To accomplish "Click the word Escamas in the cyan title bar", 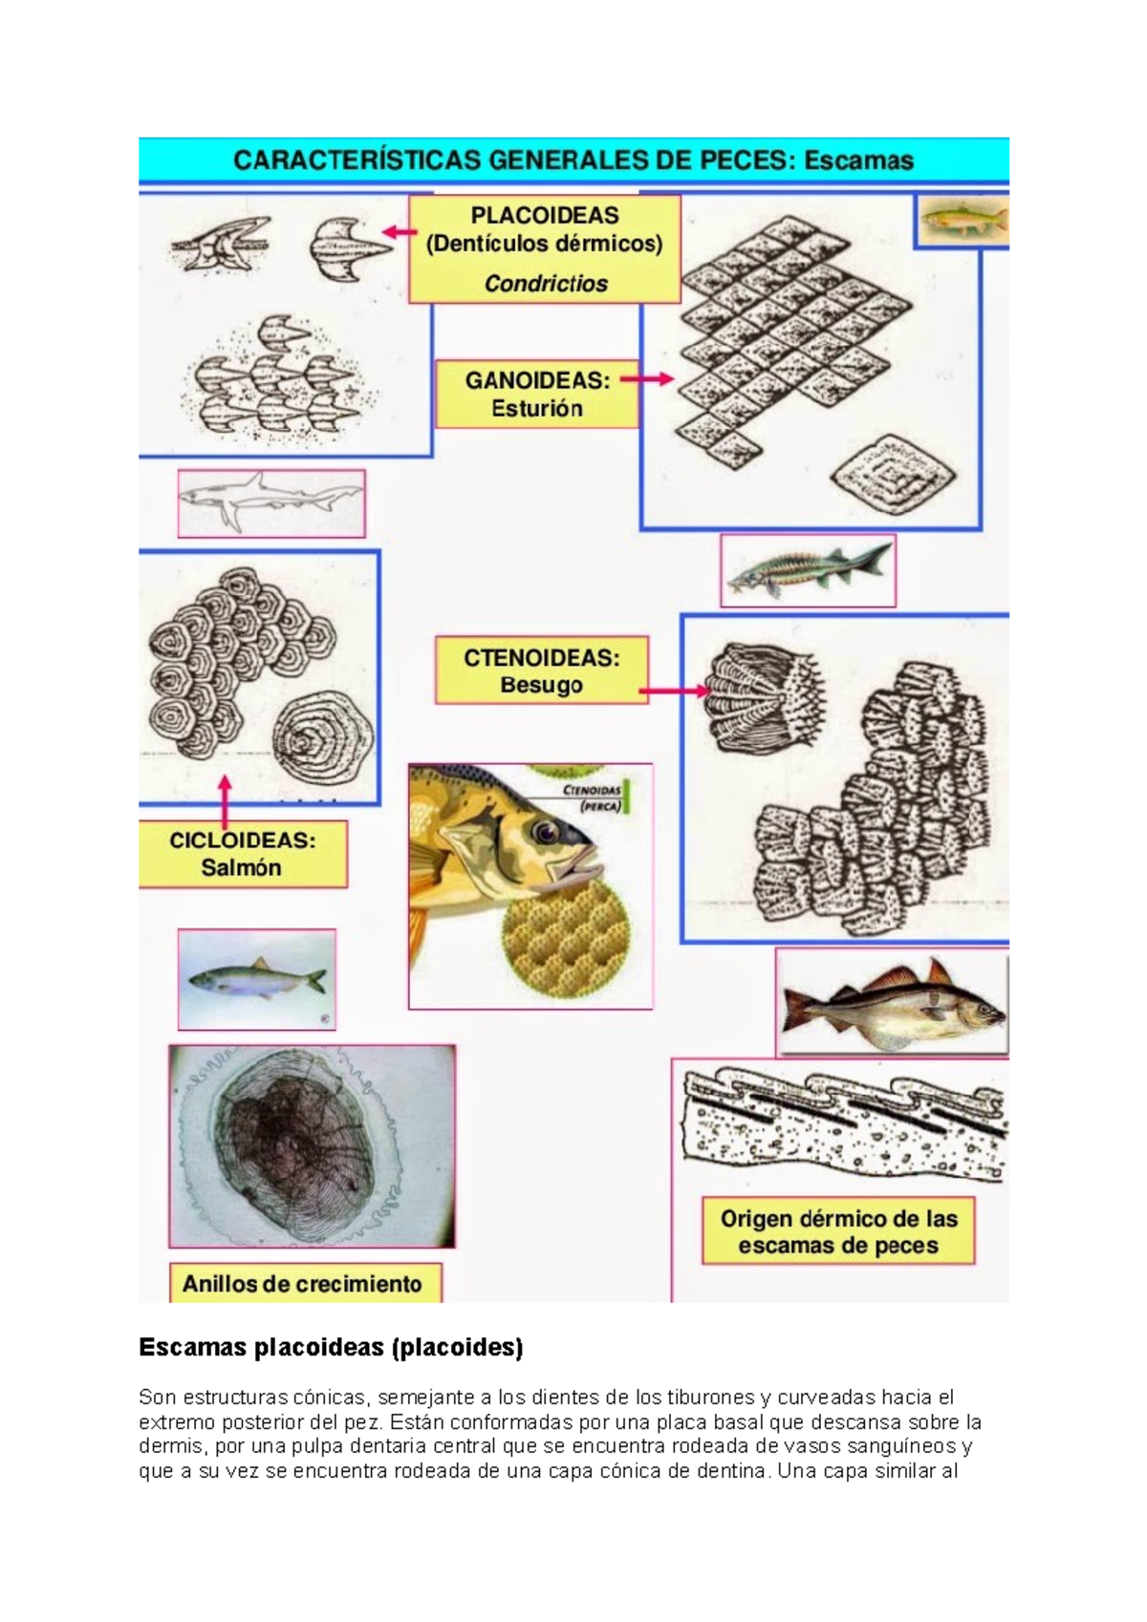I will [x=858, y=160].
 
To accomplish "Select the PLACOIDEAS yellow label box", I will [x=545, y=248].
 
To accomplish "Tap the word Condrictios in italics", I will [x=546, y=284].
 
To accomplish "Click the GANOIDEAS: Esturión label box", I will [x=537, y=394].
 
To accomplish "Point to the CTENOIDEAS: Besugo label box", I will [x=541, y=671].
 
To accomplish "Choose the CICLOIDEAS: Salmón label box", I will [x=242, y=854].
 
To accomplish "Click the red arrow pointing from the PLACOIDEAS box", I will [x=400, y=231].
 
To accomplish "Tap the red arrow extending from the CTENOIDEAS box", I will [x=675, y=691].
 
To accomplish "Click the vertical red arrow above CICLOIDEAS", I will [x=225, y=800].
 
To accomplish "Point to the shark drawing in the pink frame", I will [x=271, y=502].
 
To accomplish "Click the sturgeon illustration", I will [x=808, y=570].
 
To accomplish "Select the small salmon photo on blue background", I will [x=256, y=980].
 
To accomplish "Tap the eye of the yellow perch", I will [x=546, y=831].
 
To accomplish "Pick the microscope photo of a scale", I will [x=312, y=1145].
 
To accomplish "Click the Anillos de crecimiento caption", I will [x=302, y=1284].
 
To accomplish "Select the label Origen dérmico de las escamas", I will [x=838, y=1231].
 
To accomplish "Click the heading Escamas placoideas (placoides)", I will [x=331, y=1348].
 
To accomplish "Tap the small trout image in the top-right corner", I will [x=962, y=222].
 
